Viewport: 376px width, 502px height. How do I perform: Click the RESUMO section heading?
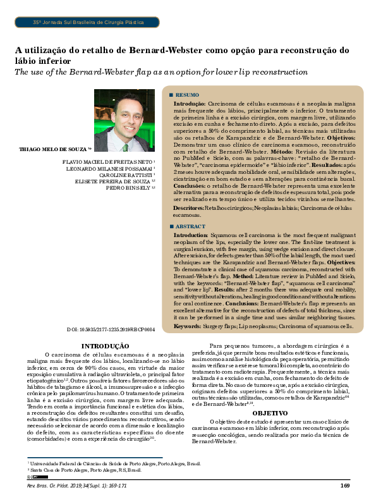188,94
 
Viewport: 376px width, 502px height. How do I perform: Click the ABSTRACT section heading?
190,226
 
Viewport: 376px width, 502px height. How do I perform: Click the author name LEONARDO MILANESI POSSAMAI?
118,169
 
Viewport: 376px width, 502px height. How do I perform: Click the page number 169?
345,485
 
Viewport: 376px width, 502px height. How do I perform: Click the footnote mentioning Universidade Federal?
114,464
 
